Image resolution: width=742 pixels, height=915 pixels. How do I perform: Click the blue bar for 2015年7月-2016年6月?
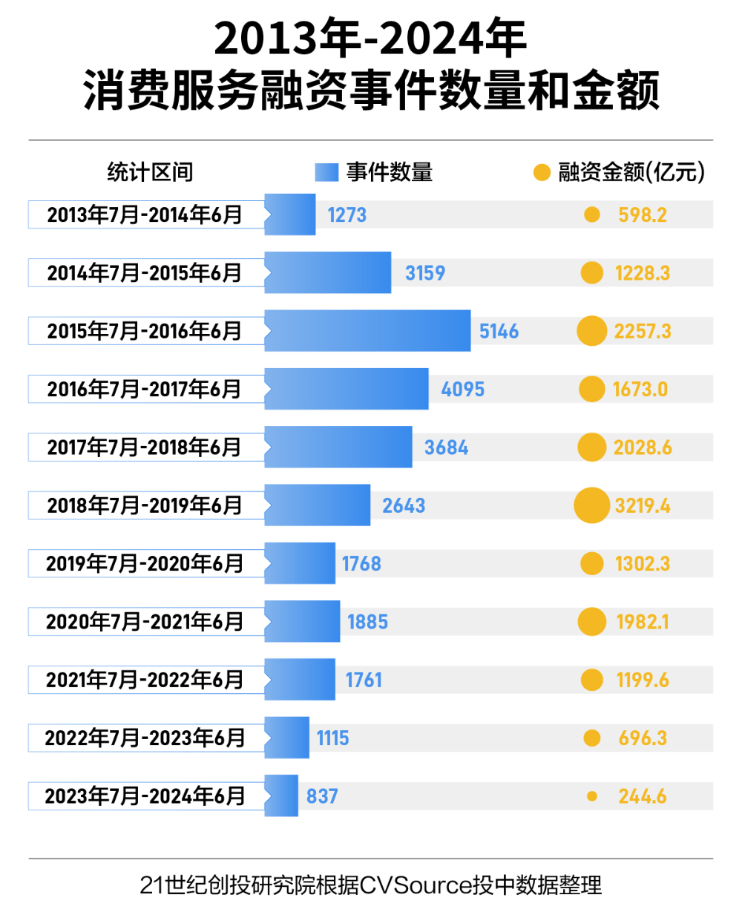pyautogui.click(x=367, y=331)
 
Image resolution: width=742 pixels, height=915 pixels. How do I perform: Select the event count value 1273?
pyautogui.click(x=347, y=215)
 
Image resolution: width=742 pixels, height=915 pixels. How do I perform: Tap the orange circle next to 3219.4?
pyautogui.click(x=591, y=505)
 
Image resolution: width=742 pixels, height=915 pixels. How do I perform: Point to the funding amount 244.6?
pyautogui.click(x=643, y=796)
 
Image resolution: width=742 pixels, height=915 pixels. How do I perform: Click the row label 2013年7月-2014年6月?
pyautogui.click(x=145, y=215)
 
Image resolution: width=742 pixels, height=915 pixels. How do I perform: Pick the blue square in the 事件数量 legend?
pyautogui.click(x=326, y=173)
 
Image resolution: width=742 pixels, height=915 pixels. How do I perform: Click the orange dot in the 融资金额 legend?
pyautogui.click(x=542, y=173)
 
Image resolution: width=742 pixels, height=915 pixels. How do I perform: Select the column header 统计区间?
pyautogui.click(x=150, y=173)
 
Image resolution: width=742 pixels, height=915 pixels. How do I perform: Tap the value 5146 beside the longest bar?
pyautogui.click(x=499, y=331)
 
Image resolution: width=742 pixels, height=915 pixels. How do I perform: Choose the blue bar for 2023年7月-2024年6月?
pyautogui.click(x=281, y=796)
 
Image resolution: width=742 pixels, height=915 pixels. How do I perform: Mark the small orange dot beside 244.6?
pyautogui.click(x=591, y=796)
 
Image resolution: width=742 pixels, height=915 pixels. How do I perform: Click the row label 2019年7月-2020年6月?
pyautogui.click(x=145, y=564)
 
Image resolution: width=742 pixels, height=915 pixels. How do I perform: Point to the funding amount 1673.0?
pyautogui.click(x=640, y=390)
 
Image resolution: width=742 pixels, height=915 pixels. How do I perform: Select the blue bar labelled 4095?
pyautogui.click(x=347, y=390)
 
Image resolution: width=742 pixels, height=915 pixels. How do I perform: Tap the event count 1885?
pyautogui.click(x=367, y=622)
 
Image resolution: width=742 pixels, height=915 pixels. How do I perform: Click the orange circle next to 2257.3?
pyautogui.click(x=591, y=331)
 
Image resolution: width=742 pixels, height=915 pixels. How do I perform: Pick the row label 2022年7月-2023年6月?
pyautogui.click(x=145, y=738)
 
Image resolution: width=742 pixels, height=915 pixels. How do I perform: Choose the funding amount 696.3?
pyautogui.click(x=643, y=738)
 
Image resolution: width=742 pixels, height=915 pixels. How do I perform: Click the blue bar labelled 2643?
pyautogui.click(x=318, y=505)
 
